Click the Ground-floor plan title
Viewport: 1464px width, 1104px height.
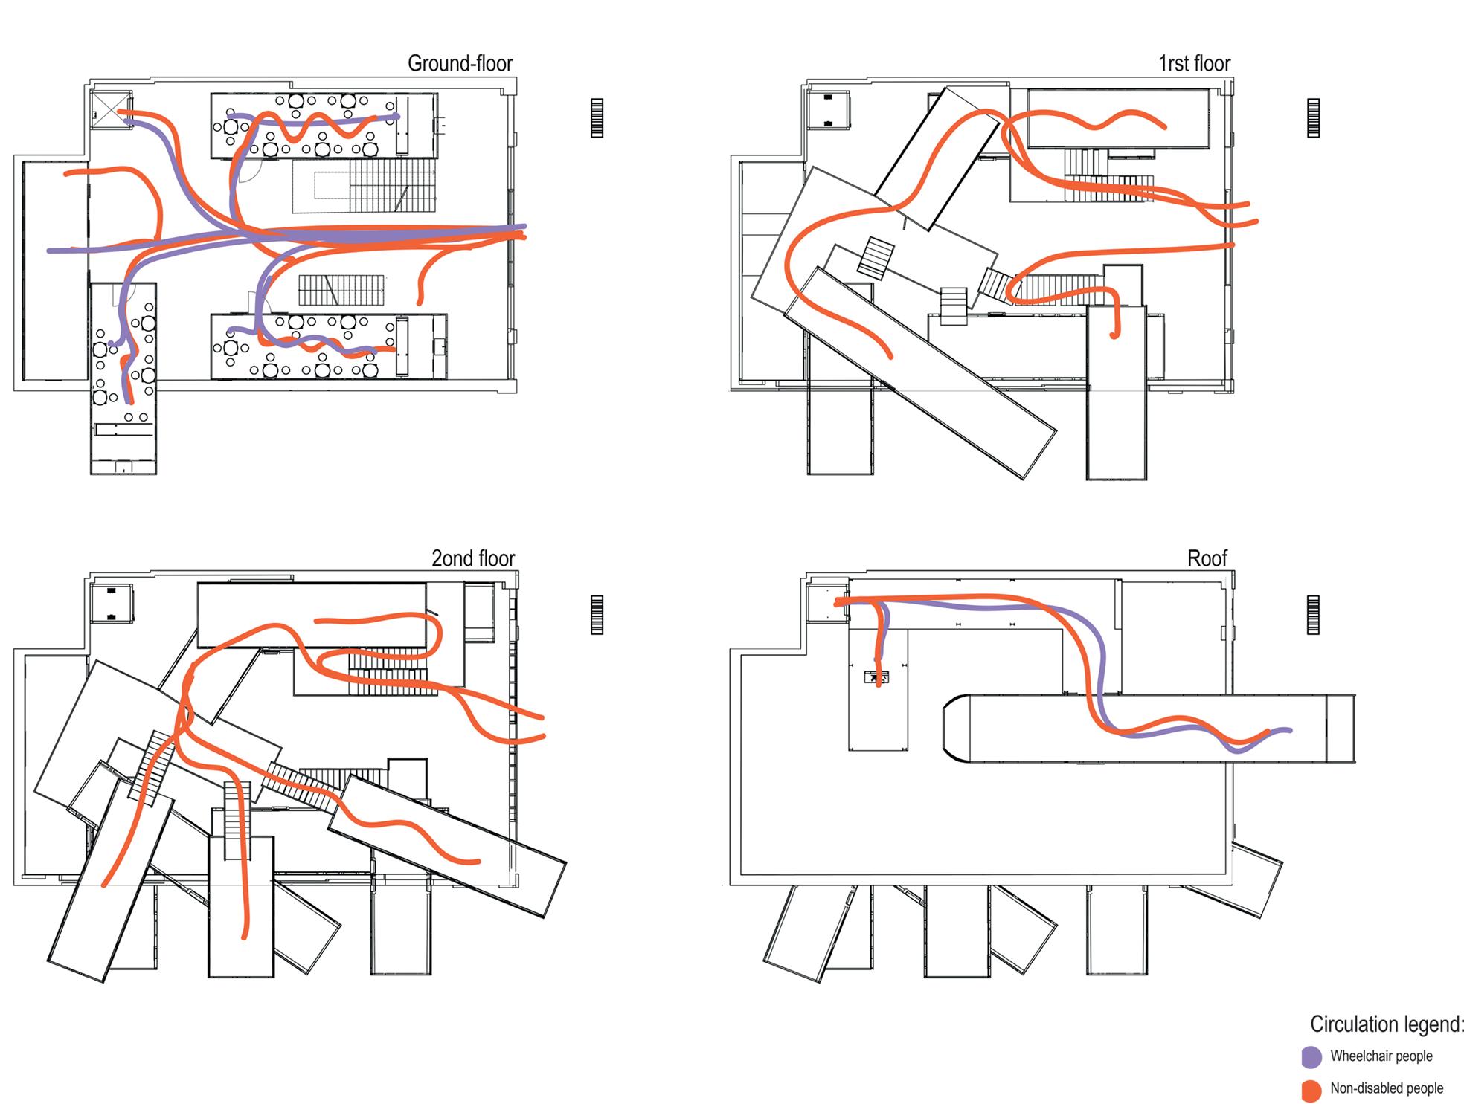tap(460, 64)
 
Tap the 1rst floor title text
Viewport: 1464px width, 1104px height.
tap(1194, 64)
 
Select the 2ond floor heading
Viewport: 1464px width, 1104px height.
tap(473, 558)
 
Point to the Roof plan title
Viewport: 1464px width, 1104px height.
tap(1207, 558)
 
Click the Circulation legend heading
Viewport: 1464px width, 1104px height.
tap(1385, 1024)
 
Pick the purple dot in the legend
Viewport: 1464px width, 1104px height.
tap(1311, 1057)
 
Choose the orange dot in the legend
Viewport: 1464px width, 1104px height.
tap(1311, 1090)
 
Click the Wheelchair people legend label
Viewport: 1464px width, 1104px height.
tap(1381, 1056)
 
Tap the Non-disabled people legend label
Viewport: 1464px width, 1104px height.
tap(1387, 1088)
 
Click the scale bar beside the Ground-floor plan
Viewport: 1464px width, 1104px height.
tap(597, 118)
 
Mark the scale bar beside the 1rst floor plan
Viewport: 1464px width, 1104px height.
tap(1313, 118)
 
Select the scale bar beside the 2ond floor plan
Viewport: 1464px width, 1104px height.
tap(597, 615)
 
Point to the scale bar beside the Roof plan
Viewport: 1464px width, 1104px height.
tap(1313, 615)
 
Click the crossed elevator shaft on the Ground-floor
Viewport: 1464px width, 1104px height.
tap(112, 111)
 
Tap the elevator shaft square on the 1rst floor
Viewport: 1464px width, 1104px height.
tap(828, 109)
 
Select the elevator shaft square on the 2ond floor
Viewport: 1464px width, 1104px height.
tap(112, 604)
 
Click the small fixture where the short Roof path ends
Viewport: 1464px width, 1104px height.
tap(876, 677)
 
